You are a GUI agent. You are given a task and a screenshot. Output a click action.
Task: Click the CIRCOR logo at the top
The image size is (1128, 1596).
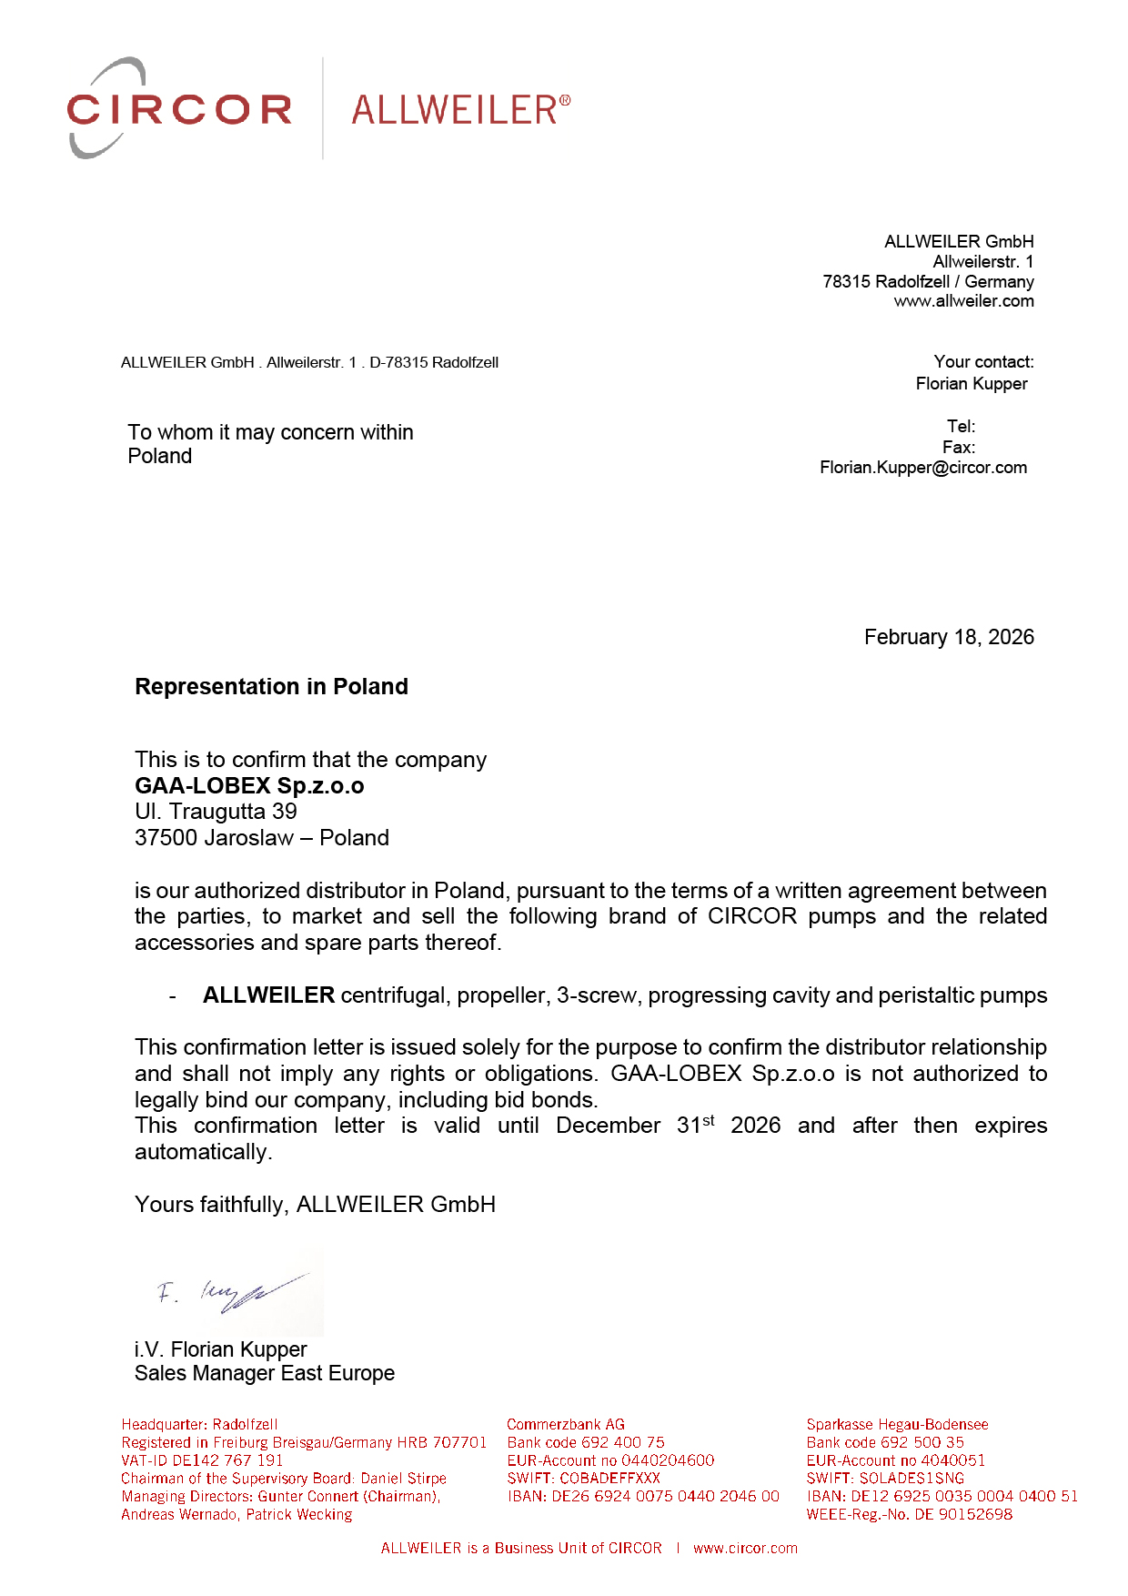(179, 109)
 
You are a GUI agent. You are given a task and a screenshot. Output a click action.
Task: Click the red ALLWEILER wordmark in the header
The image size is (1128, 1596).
(460, 110)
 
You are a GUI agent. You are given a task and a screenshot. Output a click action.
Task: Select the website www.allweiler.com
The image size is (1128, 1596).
(963, 301)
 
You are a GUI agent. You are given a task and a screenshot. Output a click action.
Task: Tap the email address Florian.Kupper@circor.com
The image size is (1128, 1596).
(922, 468)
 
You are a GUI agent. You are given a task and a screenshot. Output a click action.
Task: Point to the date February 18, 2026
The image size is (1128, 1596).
(948, 637)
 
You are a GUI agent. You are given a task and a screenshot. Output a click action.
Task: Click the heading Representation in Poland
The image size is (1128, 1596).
(271, 687)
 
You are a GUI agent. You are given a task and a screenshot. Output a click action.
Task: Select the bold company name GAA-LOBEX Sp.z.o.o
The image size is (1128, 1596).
(249, 786)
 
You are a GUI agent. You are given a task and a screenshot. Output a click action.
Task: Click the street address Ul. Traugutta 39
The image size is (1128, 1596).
(216, 812)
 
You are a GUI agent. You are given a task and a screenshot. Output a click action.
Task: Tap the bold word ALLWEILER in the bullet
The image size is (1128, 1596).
(268, 995)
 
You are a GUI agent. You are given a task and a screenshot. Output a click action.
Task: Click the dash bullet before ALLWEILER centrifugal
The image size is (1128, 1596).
(172, 996)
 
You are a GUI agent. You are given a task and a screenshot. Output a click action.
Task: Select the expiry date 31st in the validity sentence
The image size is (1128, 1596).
(695, 1126)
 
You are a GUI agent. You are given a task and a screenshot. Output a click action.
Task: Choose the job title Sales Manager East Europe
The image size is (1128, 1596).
(265, 1373)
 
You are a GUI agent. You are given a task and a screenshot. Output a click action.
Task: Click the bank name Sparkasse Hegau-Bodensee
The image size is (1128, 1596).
(897, 1425)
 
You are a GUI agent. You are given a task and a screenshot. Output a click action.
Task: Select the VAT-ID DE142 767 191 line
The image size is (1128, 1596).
(202, 1460)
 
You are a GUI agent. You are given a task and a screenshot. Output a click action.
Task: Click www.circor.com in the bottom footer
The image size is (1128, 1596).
(745, 1549)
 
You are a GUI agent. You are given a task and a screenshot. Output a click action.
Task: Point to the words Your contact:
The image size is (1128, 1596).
(983, 362)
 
